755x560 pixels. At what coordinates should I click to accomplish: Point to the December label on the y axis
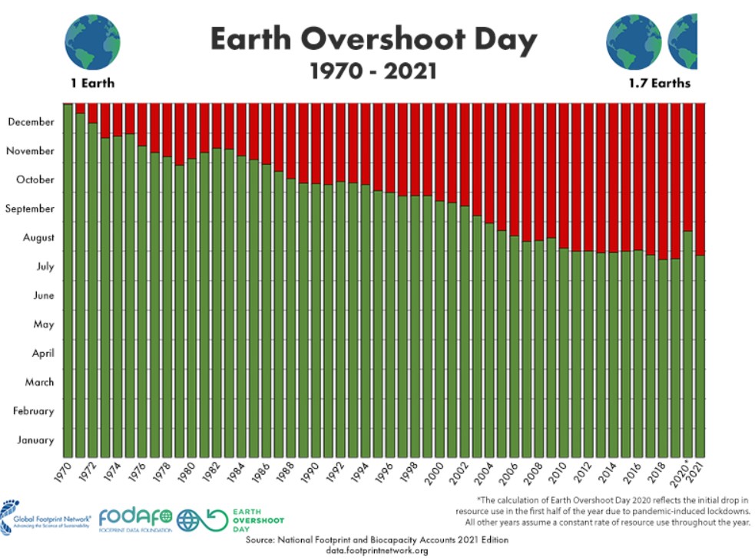pos(31,122)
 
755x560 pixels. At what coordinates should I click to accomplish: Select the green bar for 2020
pos(687,345)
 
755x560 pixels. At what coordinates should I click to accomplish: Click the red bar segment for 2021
pos(700,176)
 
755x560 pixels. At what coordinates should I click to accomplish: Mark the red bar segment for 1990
pos(316,142)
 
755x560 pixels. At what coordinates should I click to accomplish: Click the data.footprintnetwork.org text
pos(376,551)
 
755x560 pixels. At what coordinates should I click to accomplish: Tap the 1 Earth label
pos(91,83)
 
